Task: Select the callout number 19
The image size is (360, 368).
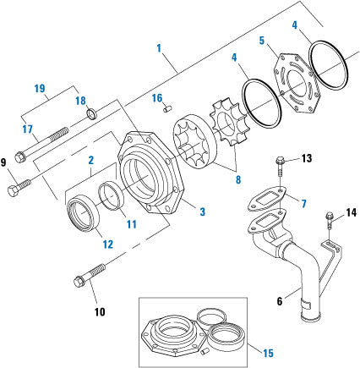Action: click(40, 88)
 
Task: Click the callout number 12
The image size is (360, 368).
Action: click(106, 244)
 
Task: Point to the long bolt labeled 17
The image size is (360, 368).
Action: click(46, 141)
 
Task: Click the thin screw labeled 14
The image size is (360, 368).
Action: click(328, 224)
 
